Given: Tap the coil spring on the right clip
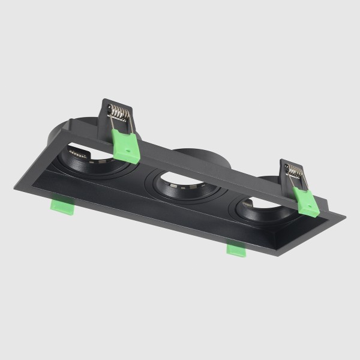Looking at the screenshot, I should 294,172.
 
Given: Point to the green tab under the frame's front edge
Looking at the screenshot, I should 236,249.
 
